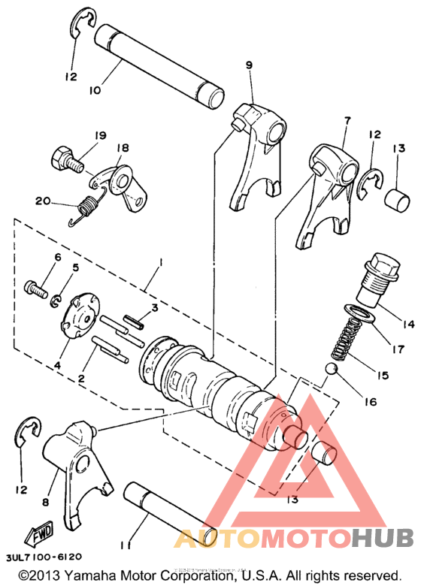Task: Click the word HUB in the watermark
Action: [383, 537]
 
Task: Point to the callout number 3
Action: [153, 307]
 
